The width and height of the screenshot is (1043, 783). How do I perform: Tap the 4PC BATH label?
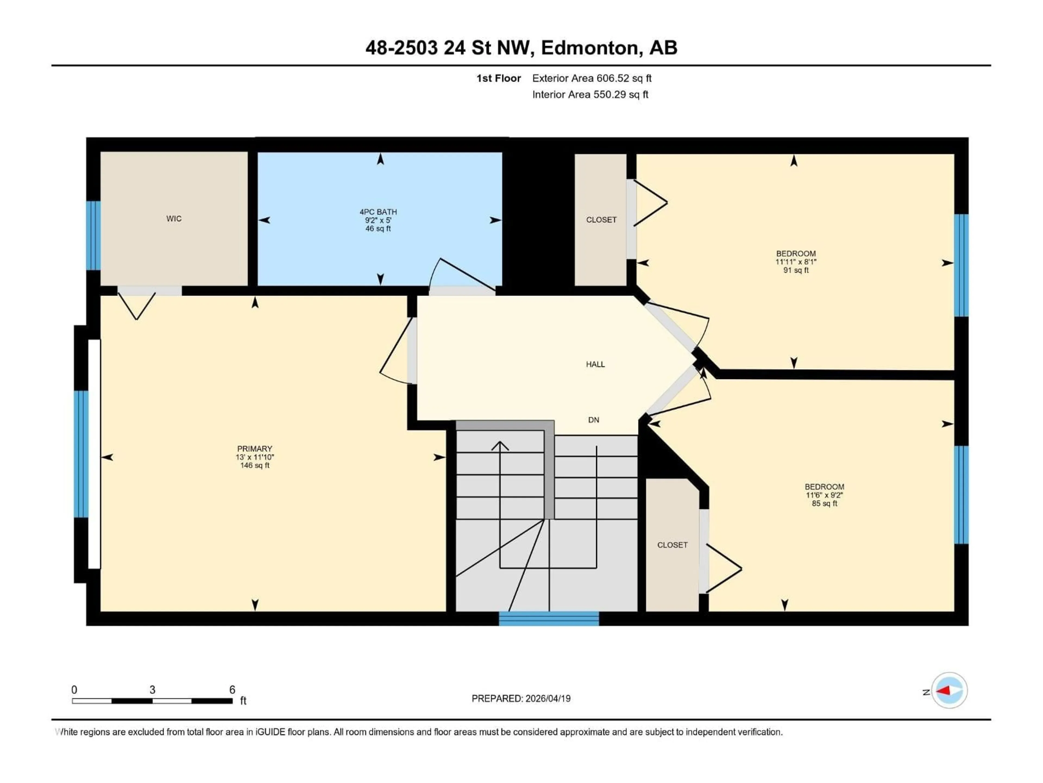point(378,212)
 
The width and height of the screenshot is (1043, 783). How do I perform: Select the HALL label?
point(595,364)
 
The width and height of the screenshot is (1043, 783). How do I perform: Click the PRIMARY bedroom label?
point(255,448)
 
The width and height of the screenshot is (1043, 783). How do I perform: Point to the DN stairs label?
point(594,420)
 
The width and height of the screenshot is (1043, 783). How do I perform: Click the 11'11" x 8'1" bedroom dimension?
point(796,262)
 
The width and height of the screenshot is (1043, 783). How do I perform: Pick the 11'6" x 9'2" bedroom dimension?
point(824,495)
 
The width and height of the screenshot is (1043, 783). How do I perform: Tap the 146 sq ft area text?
point(255,465)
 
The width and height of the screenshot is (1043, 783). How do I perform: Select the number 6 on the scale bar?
point(232,689)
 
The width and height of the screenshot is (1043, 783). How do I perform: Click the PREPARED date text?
point(521,698)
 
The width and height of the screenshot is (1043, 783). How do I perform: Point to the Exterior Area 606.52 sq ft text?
point(592,78)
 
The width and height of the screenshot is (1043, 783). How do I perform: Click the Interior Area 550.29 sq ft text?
point(590,94)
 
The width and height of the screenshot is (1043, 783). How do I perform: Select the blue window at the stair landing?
point(549,618)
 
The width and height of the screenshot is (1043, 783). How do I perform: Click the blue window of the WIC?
point(93,235)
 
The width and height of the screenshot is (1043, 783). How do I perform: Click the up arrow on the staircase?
point(500,446)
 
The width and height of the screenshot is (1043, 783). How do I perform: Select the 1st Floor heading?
point(498,78)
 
